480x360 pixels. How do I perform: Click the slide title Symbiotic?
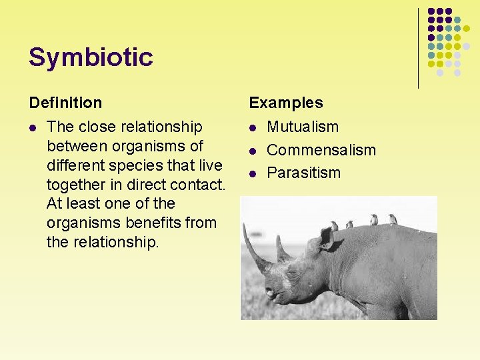91,57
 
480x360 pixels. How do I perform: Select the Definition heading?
65,103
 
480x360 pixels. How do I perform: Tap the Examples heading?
285,103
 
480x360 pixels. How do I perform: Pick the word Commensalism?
321,150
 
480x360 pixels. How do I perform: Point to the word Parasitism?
303,173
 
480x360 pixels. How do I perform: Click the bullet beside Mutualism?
253,127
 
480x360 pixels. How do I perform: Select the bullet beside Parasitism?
253,173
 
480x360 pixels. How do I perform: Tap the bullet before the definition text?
33,127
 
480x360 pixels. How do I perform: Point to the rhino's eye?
292,273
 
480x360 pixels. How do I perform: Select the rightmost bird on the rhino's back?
393,219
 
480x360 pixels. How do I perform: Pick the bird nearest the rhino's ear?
333,226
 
